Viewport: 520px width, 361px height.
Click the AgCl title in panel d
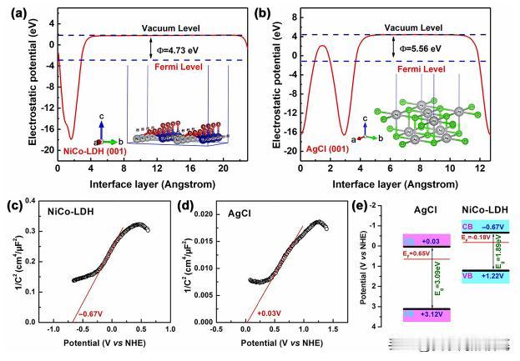(x=235, y=215)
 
